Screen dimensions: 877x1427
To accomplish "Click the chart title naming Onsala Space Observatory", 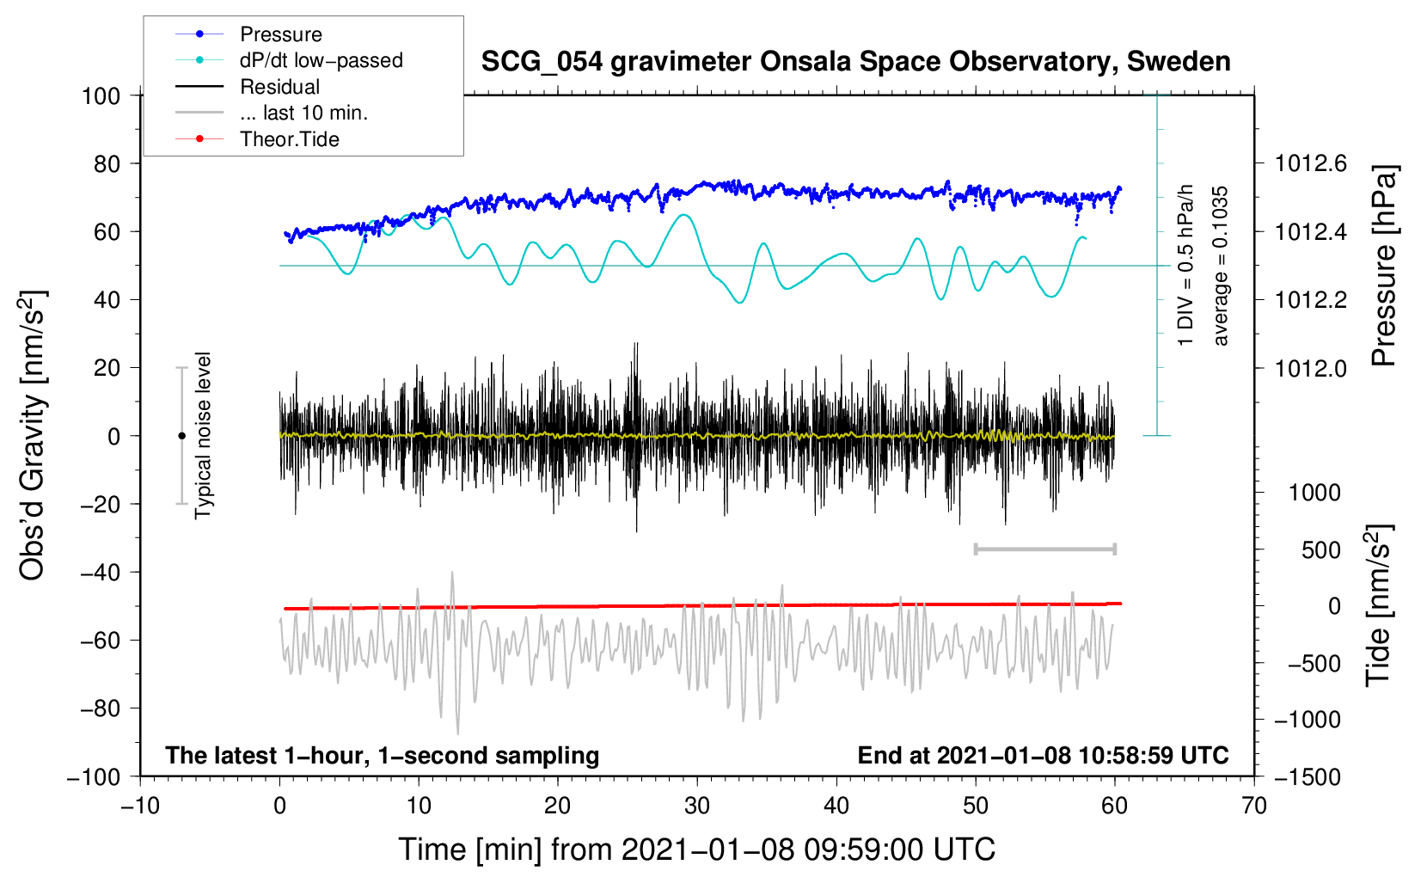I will point(855,62).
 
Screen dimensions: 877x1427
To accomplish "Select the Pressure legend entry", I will point(280,34).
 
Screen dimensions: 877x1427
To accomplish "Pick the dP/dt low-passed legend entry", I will point(321,60).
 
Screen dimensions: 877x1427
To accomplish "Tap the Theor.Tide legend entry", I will point(289,139).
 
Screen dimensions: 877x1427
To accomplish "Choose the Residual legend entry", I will point(279,87).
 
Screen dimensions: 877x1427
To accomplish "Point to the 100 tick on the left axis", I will point(101,95).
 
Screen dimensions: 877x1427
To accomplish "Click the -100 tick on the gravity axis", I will point(94,776).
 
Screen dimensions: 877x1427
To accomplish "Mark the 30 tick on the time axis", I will point(697,806).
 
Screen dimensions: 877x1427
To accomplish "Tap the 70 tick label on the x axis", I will point(1254,806).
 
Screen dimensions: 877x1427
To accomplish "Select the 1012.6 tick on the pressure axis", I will point(1310,163).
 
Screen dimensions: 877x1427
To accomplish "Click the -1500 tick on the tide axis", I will point(1307,776).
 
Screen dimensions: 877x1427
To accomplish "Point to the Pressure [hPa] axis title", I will point(1383,266).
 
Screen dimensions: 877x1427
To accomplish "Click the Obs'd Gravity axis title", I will point(32,436).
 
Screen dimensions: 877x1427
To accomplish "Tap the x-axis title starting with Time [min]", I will point(697,849).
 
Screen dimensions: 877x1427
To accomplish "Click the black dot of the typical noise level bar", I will point(181,436).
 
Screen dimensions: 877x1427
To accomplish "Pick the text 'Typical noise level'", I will point(203,436).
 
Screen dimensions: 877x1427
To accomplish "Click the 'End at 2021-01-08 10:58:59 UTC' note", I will point(1043,755).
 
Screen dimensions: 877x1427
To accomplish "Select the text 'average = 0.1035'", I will point(1221,266).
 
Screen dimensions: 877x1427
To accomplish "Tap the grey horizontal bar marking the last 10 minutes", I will point(1044,549).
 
